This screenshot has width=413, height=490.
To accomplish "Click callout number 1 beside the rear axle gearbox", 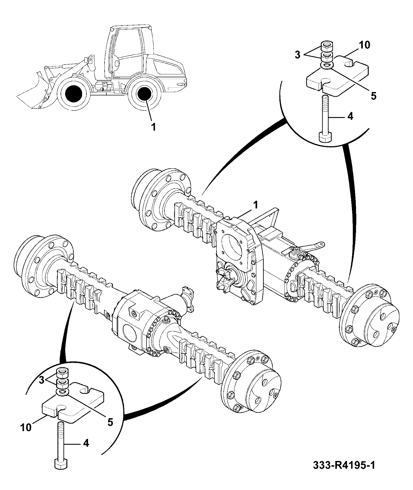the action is (x=255, y=205).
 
